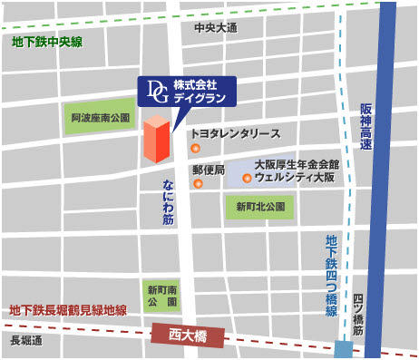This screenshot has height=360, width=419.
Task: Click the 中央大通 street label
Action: click(x=215, y=28)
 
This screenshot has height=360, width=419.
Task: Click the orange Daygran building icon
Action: click(x=155, y=139)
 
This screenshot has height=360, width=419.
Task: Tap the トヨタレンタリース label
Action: click(x=235, y=133)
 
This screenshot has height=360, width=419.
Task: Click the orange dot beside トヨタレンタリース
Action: click(x=195, y=147)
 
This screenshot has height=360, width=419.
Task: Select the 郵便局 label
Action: click(x=208, y=170)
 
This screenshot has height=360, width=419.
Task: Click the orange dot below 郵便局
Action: click(x=198, y=185)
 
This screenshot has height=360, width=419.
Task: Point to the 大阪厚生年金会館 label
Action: click(x=296, y=165)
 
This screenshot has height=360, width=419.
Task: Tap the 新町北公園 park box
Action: click(x=260, y=208)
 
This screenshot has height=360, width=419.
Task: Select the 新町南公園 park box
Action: click(x=162, y=295)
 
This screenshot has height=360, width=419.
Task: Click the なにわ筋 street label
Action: click(x=170, y=201)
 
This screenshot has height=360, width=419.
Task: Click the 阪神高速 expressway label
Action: click(x=366, y=127)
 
